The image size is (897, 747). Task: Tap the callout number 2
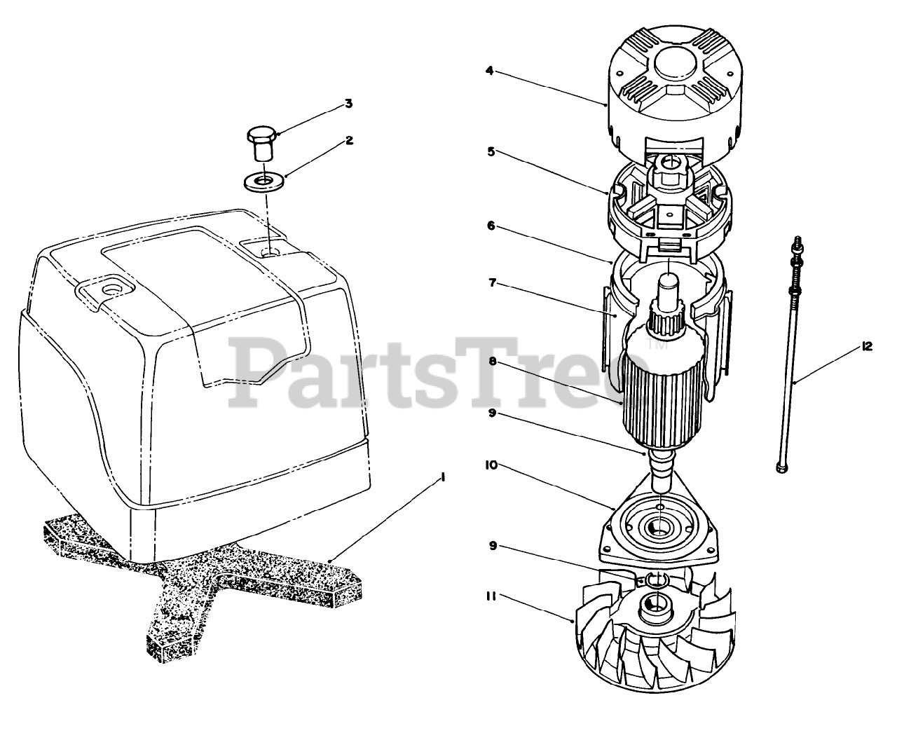pos(348,140)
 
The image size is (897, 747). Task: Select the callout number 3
pos(348,104)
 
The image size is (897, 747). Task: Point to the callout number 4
pos(490,70)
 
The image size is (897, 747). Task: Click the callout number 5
pos(490,151)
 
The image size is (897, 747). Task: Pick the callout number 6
pos(490,226)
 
